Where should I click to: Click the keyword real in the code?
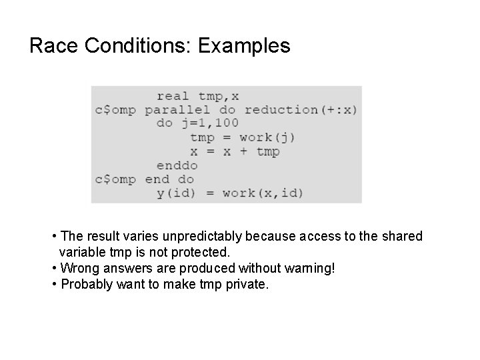[173, 96]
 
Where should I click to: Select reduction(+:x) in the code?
[301, 109]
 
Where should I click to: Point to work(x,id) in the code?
[263, 193]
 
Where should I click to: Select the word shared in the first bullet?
[402, 237]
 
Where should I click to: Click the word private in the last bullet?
[247, 285]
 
